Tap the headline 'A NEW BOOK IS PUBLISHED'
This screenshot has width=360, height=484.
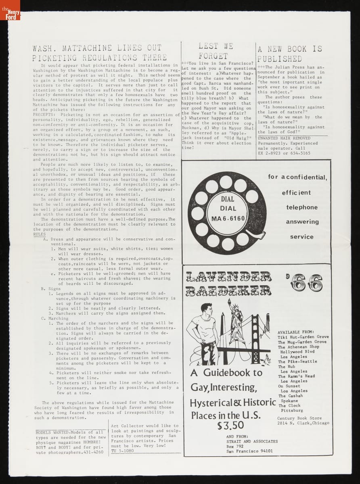pos(290,54)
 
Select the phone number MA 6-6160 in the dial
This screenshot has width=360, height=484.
pos(228,219)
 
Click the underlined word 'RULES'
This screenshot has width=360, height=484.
pos(39,234)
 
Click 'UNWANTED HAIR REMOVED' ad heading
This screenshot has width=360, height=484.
pos(284,138)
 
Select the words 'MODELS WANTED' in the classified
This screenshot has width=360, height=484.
pos(54,432)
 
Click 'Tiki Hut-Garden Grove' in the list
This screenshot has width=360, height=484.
pos(303,337)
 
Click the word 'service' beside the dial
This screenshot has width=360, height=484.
pos(301,237)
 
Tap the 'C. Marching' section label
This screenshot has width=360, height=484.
pos(55,318)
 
